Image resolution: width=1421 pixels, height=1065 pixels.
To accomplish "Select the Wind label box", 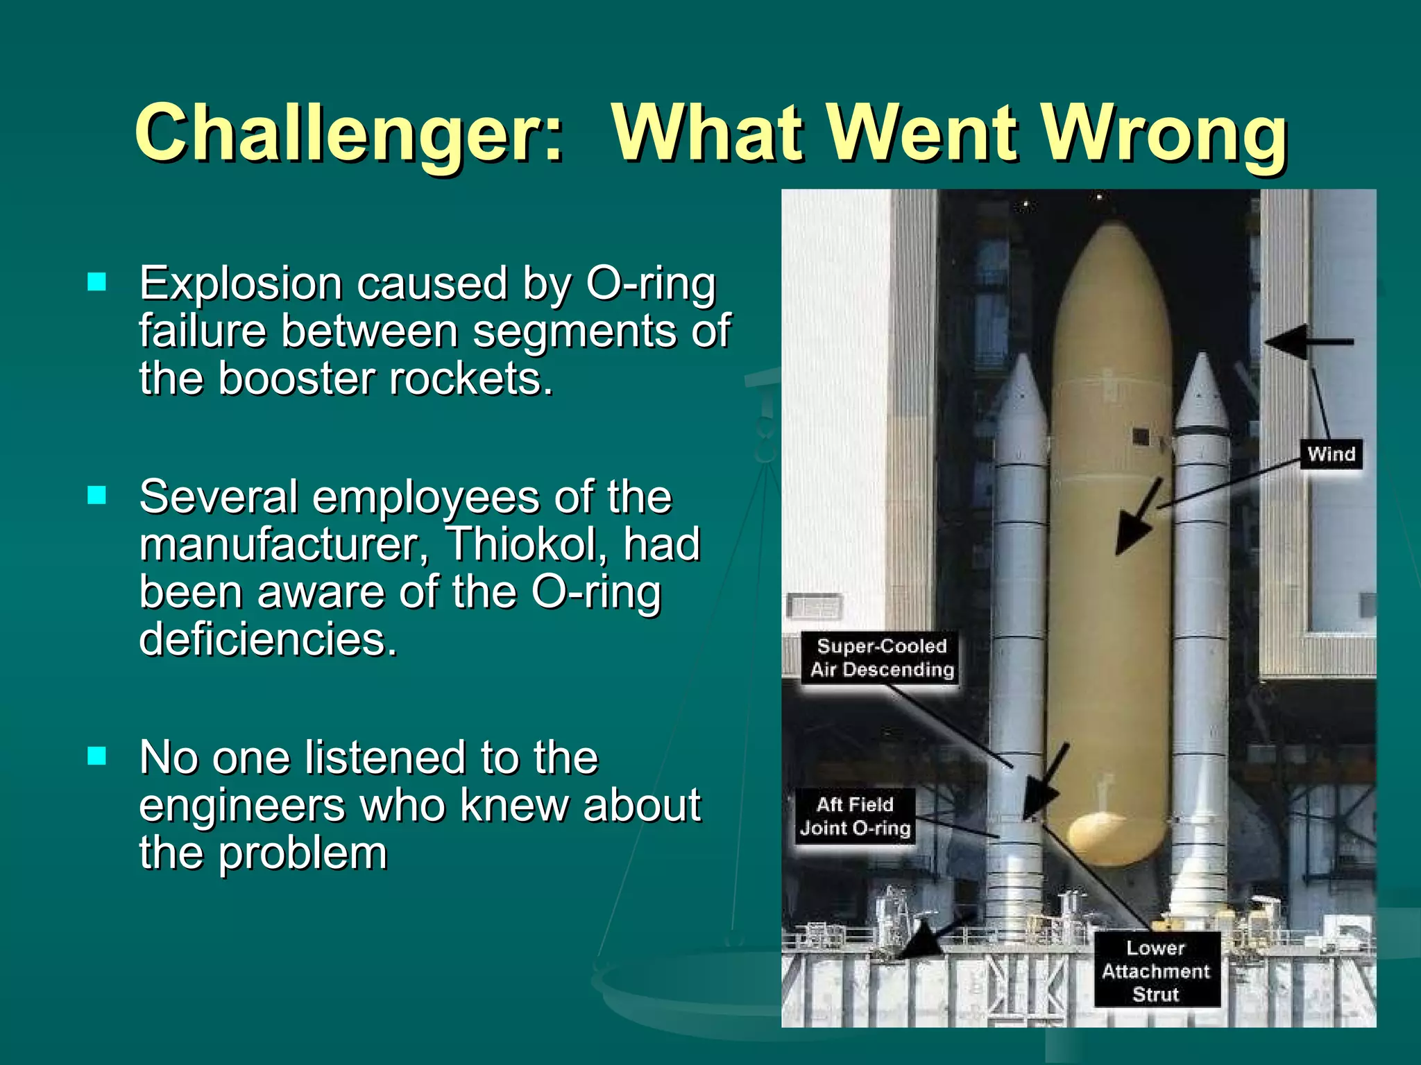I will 1331,454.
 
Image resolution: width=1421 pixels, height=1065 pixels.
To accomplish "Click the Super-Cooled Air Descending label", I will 881,657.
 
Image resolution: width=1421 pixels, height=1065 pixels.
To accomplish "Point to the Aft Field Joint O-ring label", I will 856,816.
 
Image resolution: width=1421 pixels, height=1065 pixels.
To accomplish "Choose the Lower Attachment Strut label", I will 1156,970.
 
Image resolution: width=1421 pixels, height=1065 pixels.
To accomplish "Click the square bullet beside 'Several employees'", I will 97,495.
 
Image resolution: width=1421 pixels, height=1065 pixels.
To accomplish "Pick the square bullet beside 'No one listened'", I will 97,755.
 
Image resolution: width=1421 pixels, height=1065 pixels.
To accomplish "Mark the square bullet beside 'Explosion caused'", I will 97,282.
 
